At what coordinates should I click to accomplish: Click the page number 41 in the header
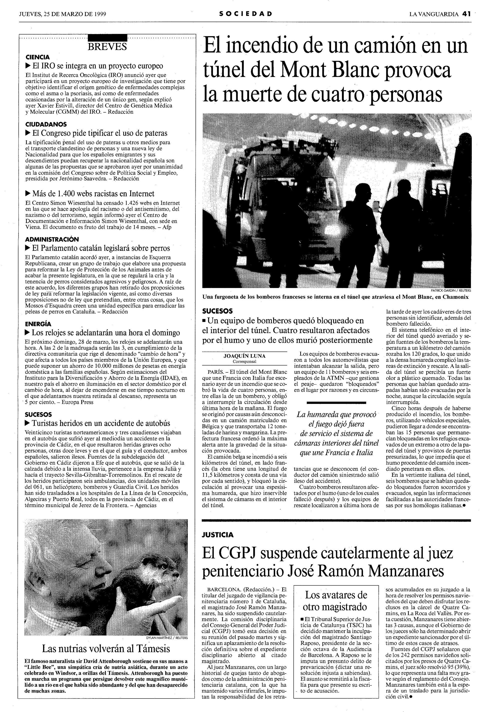466,14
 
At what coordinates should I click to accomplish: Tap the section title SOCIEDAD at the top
245,14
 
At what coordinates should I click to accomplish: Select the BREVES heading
107,47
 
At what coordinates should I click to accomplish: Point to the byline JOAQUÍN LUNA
244,356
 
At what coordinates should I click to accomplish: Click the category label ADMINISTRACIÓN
52,239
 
